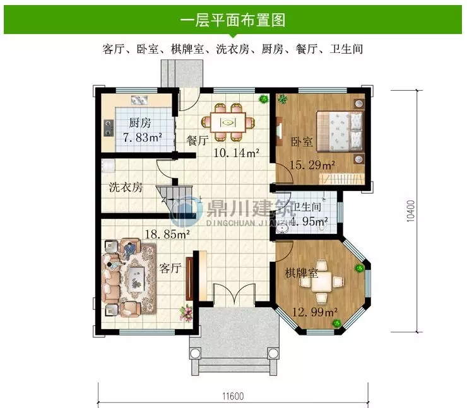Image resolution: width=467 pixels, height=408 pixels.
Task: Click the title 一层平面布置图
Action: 233,20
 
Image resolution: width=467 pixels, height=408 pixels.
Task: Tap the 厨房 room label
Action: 139,124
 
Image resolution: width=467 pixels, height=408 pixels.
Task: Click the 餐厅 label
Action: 198,141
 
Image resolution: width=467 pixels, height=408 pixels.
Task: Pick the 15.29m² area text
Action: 312,166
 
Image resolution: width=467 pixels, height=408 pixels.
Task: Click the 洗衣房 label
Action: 126,187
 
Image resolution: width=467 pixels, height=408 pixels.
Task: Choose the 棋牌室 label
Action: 300,273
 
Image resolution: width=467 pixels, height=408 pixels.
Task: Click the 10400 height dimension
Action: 411,211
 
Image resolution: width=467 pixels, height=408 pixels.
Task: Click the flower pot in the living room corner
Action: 186,310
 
